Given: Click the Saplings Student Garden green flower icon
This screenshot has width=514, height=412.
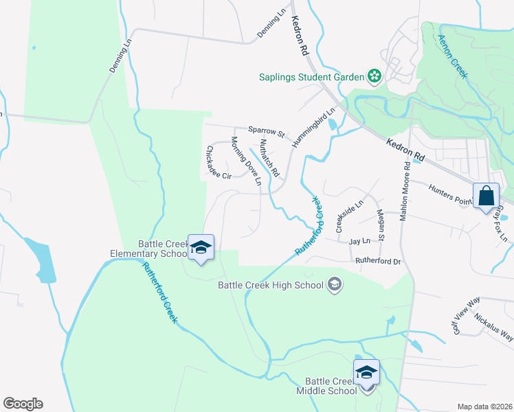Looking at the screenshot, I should tap(375, 77).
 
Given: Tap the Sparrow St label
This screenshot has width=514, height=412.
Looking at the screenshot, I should tap(266, 130).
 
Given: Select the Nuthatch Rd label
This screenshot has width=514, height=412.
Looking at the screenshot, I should tap(269, 157).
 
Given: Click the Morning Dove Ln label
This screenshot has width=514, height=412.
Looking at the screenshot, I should tap(246, 161).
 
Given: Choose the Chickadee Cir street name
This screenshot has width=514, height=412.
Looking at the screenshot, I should tap(218, 163).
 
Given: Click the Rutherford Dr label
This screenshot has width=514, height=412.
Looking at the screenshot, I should tap(377, 261).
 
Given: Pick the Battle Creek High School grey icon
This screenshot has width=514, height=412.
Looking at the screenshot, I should tap(335, 284).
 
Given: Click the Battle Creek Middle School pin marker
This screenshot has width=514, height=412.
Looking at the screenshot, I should tap(366, 373).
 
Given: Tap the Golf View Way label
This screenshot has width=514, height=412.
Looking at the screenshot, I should tap(465, 318).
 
